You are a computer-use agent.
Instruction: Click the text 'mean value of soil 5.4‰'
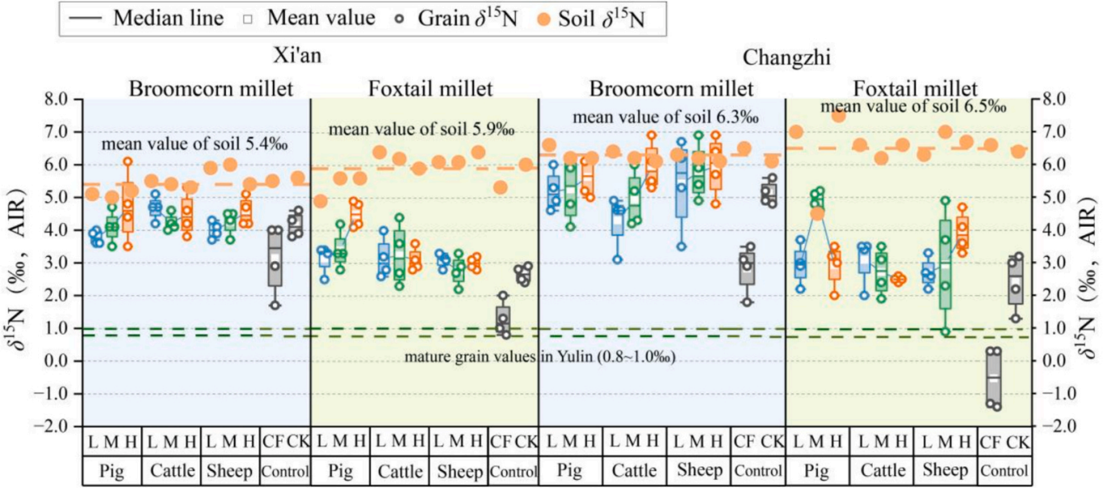[195, 145]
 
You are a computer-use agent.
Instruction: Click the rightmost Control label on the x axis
[1004, 470]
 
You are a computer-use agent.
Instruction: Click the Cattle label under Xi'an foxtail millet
[398, 470]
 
